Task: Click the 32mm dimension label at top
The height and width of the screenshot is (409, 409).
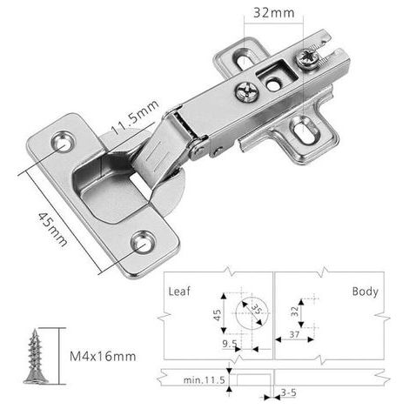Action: point(273,13)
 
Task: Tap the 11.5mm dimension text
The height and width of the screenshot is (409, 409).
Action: point(135,117)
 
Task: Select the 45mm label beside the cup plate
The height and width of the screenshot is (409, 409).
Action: point(53,229)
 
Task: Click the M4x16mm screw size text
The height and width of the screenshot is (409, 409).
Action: point(103,356)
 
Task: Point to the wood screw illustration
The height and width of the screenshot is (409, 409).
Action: point(36,357)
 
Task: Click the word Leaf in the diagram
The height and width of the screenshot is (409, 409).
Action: point(179,292)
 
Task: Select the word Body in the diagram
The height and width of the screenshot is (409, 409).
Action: point(365,292)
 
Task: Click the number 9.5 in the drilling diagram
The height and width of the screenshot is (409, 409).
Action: point(230,344)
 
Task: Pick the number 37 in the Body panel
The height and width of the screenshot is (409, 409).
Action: point(294,334)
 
